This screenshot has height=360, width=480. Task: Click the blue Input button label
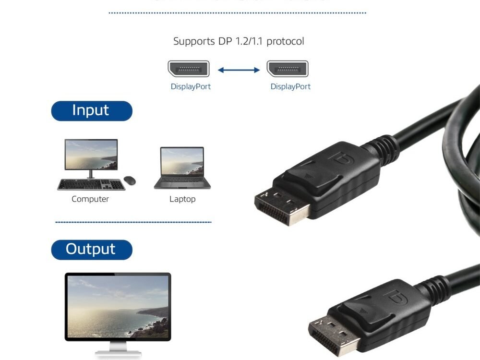(91, 111)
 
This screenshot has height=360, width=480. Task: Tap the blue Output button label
(91, 250)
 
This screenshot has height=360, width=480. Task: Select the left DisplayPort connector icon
(188, 69)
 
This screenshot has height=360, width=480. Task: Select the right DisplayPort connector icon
(288, 69)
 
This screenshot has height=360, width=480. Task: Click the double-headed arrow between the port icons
(239, 70)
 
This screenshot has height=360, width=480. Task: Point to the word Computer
(90, 199)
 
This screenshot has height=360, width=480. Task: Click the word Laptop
(182, 199)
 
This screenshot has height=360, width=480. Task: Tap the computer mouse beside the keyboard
(130, 180)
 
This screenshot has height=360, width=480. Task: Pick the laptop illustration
(182, 168)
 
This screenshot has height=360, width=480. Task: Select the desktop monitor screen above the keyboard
(91, 155)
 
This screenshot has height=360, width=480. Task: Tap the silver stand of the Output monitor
(118, 348)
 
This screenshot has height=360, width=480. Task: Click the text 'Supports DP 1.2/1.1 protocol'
(239, 41)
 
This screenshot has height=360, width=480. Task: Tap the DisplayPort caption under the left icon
(191, 87)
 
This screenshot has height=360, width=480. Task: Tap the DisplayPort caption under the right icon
(290, 87)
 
